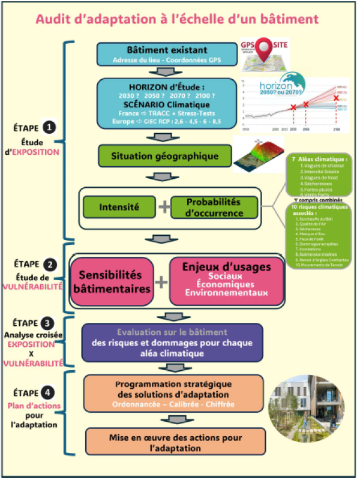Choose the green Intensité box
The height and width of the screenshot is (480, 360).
118,207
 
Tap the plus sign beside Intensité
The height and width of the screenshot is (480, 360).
163,208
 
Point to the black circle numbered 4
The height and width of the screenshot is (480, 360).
49,394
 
